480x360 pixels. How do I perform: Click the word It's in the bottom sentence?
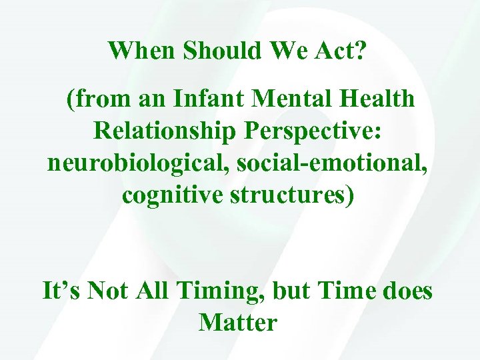click(61, 291)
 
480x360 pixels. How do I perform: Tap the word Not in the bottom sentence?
click(105, 291)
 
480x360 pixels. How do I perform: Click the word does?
click(407, 291)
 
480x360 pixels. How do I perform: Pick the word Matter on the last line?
click(238, 323)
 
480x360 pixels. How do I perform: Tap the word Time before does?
click(342, 291)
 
